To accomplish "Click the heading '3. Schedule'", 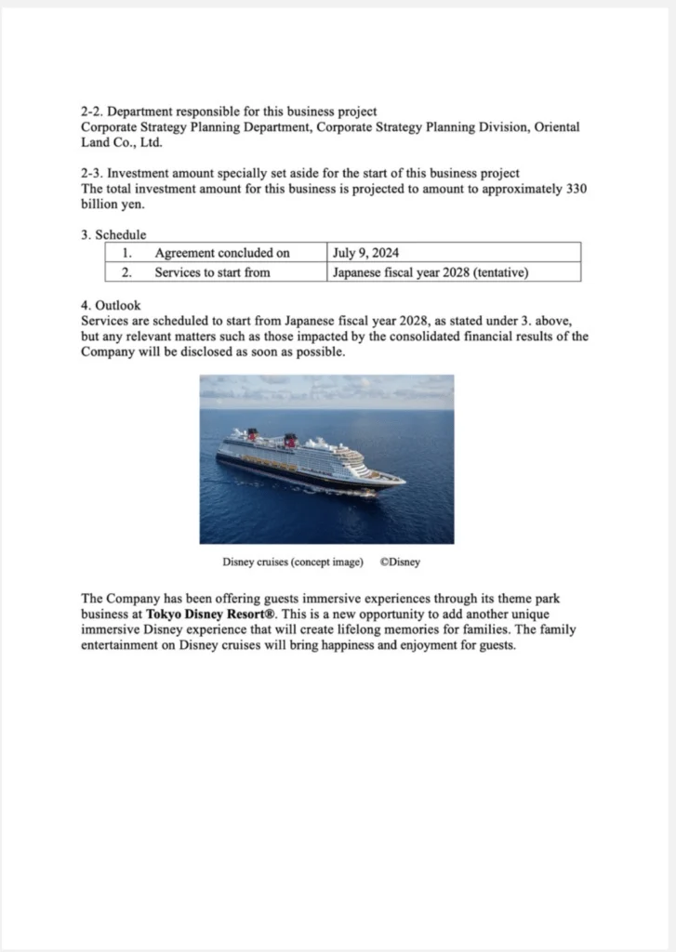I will click(113, 235).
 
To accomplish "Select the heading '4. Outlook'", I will click(111, 305).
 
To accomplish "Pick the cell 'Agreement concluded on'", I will click(222, 253).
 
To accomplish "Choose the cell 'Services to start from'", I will click(212, 272).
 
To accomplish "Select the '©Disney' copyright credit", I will click(400, 562).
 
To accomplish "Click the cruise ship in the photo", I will click(307, 462).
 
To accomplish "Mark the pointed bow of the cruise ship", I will click(402, 481).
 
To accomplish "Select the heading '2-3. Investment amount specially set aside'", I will click(299, 174).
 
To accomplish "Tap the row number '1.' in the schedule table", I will click(127, 253).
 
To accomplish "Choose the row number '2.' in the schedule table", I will click(127, 272).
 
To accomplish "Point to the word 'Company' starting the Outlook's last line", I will click(107, 351).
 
